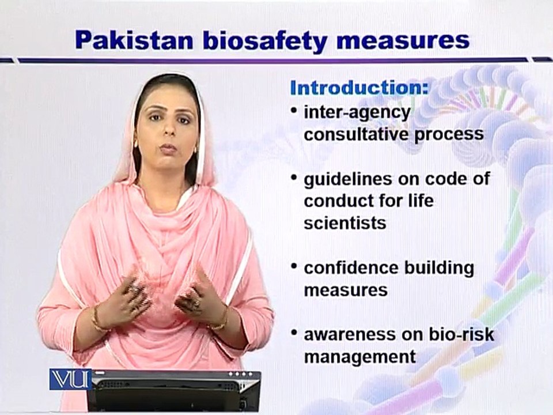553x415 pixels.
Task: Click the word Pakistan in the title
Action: (x=134, y=40)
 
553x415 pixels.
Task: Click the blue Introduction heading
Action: (x=359, y=88)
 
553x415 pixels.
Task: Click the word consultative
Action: (x=355, y=134)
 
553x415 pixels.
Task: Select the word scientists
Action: (x=344, y=223)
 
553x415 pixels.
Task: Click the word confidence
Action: (x=351, y=268)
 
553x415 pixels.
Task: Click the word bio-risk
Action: (x=461, y=334)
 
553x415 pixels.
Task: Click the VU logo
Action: (x=70, y=379)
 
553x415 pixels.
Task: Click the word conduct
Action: (x=339, y=201)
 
